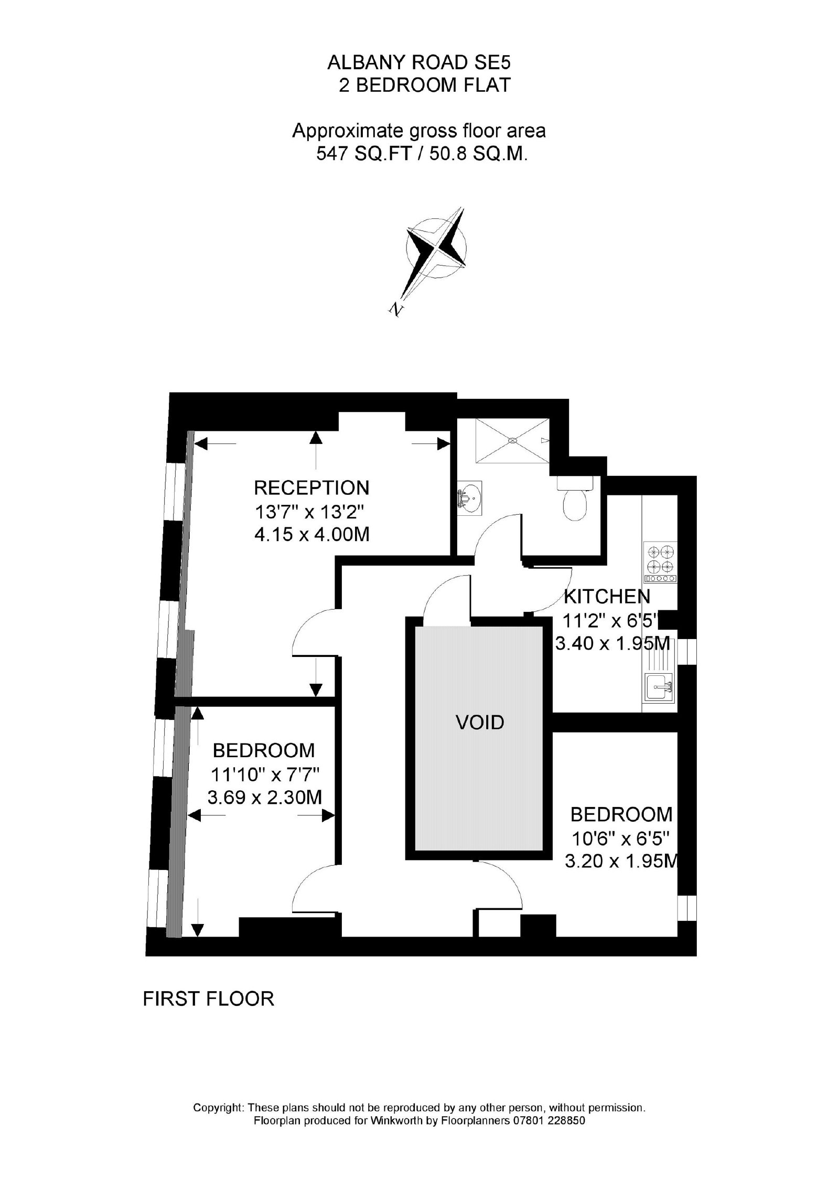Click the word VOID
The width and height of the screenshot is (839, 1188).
coord(480,723)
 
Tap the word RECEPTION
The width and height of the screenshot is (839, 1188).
coord(311,487)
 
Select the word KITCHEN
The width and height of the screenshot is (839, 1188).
coord(607,596)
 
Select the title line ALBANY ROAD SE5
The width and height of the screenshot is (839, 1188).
coord(418,63)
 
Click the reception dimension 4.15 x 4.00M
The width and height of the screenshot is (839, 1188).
coord(311,534)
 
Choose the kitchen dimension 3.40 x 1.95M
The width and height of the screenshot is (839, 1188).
coord(612,643)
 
